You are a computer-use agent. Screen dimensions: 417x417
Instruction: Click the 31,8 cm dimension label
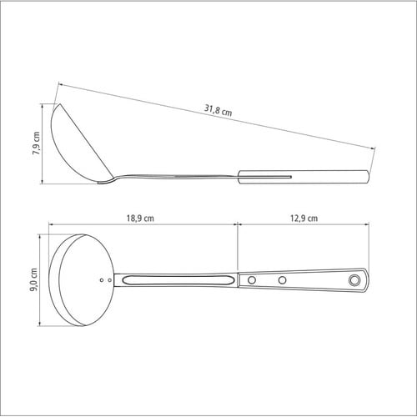219,110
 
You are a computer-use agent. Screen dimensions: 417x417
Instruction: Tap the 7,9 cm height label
37,143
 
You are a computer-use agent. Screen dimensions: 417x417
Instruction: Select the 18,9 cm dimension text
140,218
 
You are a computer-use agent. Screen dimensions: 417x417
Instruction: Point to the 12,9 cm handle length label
304,218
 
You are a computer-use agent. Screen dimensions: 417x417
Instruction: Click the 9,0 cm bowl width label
33,279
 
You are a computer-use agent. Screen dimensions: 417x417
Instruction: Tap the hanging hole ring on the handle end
354,280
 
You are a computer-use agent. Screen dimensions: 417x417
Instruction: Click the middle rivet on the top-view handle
282,280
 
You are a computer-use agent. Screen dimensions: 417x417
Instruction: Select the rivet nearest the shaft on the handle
252,280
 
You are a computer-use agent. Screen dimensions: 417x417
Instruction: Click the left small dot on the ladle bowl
102,280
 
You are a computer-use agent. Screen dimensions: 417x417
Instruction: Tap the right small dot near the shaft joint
110,280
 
